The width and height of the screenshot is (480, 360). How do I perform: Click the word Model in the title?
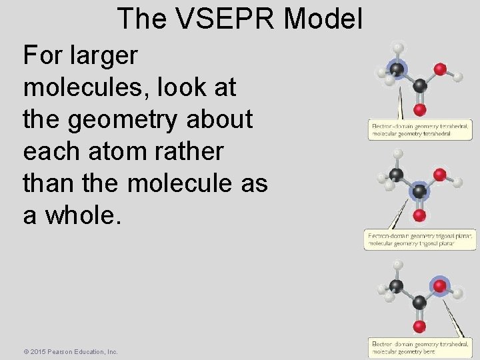(323, 19)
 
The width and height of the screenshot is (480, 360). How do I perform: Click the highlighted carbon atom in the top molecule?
(397, 70)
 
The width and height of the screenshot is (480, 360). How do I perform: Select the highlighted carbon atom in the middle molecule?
(419, 192)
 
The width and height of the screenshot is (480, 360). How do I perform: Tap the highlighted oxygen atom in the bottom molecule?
(439, 285)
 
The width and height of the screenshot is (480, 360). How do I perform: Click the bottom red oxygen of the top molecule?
(419, 109)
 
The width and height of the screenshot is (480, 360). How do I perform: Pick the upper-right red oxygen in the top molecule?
(439, 69)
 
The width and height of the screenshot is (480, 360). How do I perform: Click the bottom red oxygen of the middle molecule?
(419, 216)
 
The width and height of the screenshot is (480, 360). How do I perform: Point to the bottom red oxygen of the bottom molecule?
(419, 327)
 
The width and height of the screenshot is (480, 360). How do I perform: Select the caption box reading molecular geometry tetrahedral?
(420, 130)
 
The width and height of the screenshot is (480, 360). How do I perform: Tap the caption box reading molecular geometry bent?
(420, 347)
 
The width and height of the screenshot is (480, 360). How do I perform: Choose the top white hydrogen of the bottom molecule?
(398, 265)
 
